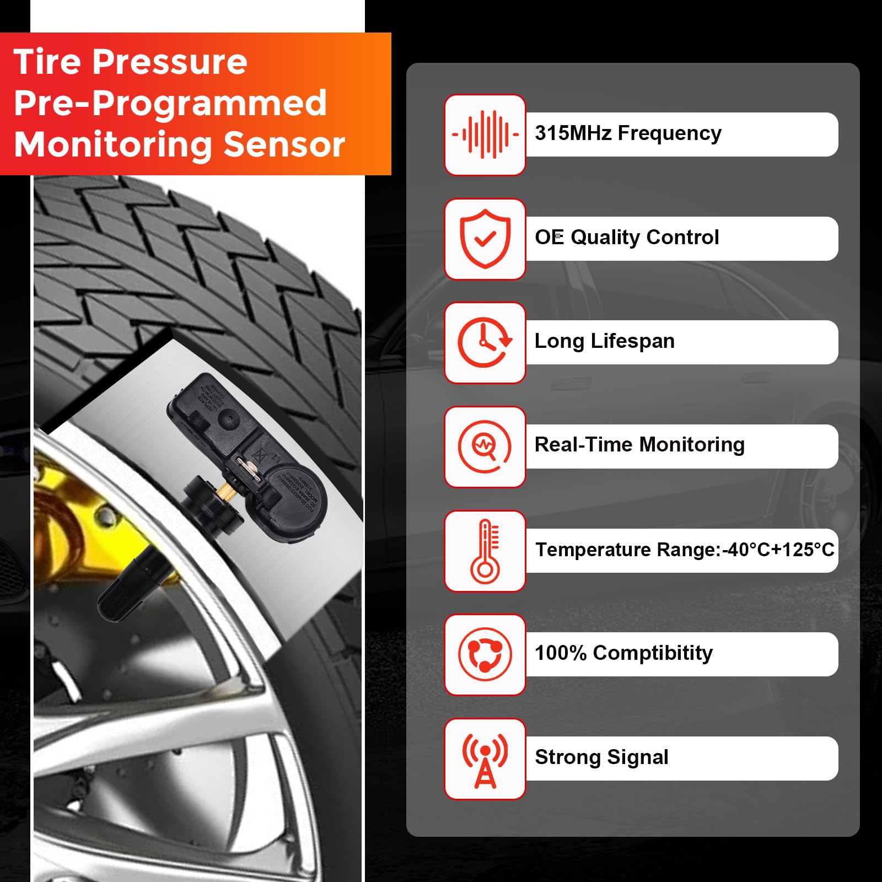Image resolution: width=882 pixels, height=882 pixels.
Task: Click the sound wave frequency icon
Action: (x=485, y=135)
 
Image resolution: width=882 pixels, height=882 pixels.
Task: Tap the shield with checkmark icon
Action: (x=485, y=239)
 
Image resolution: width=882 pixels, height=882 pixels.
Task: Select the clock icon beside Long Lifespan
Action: (x=485, y=342)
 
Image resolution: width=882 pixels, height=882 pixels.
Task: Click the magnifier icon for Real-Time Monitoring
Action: (x=485, y=447)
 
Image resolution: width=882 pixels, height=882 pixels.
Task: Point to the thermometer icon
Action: (x=485, y=551)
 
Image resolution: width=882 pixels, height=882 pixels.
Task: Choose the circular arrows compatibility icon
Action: (x=485, y=654)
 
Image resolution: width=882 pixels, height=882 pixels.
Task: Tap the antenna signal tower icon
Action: (x=485, y=759)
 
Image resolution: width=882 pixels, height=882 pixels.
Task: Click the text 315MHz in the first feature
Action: (x=573, y=133)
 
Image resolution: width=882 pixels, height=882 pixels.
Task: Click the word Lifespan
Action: (x=632, y=341)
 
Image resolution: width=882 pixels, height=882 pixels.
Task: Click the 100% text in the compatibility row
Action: (x=561, y=653)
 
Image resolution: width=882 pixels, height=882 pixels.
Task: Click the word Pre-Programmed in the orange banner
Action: (x=170, y=103)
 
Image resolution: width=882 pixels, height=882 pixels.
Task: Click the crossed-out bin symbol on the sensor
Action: (x=259, y=456)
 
